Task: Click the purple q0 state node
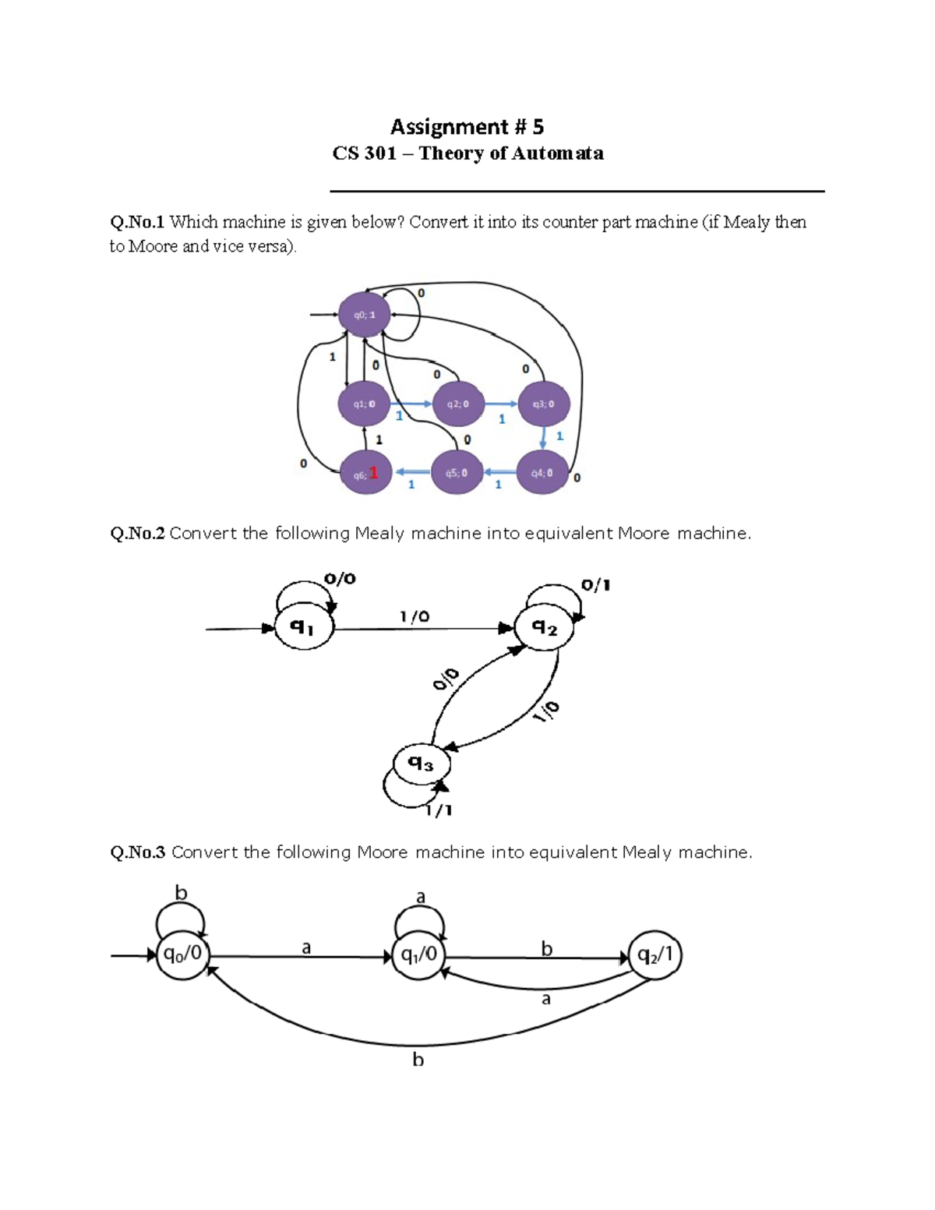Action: (364, 315)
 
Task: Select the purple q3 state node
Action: (544, 404)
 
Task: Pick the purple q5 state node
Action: (457, 473)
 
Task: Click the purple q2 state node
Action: (458, 404)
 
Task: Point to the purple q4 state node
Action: (542, 473)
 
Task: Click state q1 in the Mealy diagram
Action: (304, 626)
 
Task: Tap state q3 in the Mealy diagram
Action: (422, 763)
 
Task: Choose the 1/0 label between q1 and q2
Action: (415, 616)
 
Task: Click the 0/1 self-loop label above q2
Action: (596, 585)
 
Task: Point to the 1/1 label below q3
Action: (439, 810)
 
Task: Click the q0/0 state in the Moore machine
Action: (183, 954)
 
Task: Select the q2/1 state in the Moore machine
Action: (656, 955)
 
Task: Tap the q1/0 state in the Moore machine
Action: (419, 955)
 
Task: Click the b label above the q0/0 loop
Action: (181, 893)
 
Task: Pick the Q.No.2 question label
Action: (137, 534)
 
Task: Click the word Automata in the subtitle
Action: (557, 153)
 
